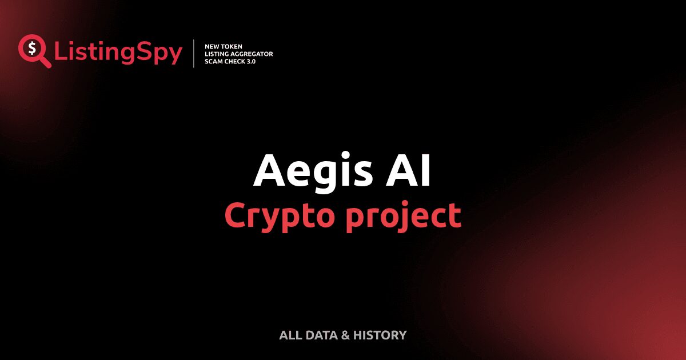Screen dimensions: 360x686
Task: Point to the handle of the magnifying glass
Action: pyautogui.click(x=45, y=62)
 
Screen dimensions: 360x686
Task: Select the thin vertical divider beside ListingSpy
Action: pyautogui.click(x=194, y=54)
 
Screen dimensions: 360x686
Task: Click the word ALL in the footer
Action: pyautogui.click(x=289, y=335)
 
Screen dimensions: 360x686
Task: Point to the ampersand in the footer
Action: pyautogui.click(x=345, y=335)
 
